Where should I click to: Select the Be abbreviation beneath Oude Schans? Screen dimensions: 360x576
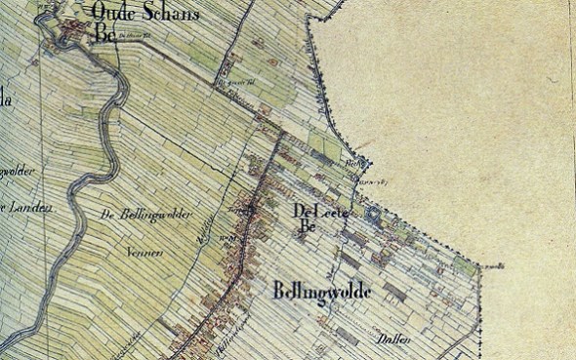[x=105, y=34]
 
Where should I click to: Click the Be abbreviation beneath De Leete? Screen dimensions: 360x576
[x=309, y=229]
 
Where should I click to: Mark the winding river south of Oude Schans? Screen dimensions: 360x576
[x=109, y=146]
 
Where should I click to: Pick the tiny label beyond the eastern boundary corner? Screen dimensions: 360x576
[x=494, y=264]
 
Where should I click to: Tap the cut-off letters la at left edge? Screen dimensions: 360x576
[x=5, y=98]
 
